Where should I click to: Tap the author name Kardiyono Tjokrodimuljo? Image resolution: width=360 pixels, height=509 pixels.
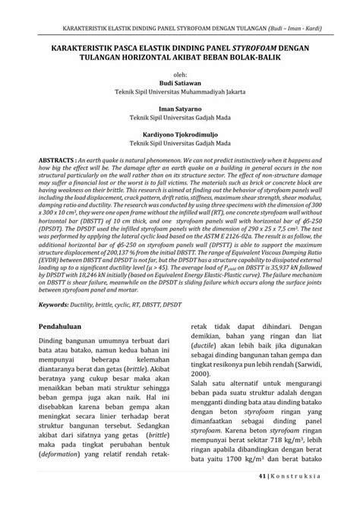[179, 131]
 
